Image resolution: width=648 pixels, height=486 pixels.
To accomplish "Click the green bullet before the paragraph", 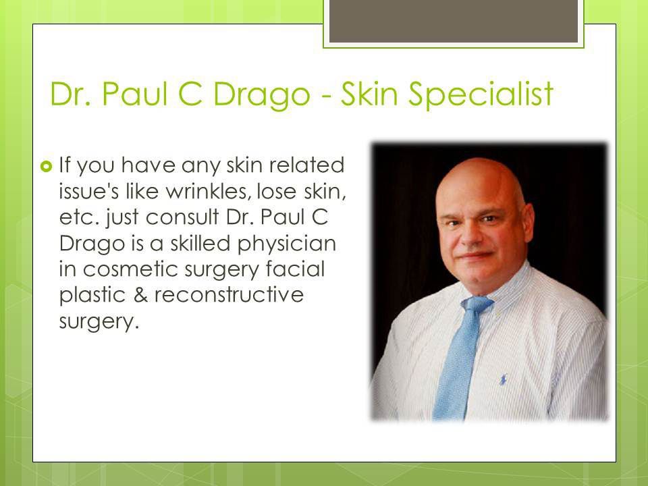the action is coord(47,167).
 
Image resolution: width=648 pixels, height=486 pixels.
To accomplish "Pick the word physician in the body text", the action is coord(287,244).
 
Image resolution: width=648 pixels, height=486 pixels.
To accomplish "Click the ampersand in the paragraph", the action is coord(140,295).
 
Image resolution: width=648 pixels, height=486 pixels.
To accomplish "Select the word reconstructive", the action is coord(230,295).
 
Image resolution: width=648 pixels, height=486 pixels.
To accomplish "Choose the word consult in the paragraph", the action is coord(182,217).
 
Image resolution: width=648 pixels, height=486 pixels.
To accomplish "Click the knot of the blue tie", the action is coord(477,304).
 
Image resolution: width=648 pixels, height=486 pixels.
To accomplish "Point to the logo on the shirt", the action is coord(503,379).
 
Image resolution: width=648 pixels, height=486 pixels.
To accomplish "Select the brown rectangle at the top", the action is coord(454,21).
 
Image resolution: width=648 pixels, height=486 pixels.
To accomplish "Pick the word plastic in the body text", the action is coord(92,296).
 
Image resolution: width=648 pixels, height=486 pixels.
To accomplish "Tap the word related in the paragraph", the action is coord(306,165).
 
